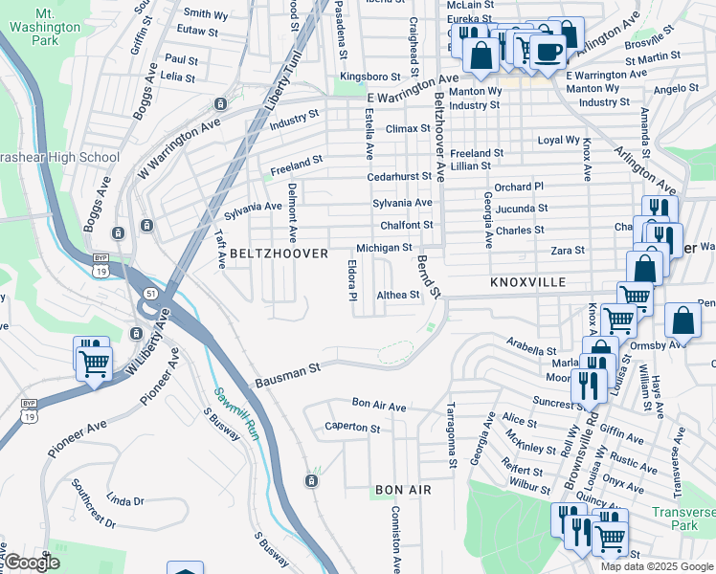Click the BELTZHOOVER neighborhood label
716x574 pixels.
pyautogui.click(x=279, y=254)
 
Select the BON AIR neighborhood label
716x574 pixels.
pyautogui.click(x=403, y=490)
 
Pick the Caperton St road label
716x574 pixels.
pyautogui.click(x=352, y=427)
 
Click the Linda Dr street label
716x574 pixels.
pyautogui.click(x=124, y=500)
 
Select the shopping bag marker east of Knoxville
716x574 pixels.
pyautogui.click(x=682, y=322)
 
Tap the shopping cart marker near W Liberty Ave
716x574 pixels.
pyautogui.click(x=95, y=364)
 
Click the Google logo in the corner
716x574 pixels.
pyautogui.click(x=32, y=563)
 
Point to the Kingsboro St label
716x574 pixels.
pyautogui.click(x=371, y=77)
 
